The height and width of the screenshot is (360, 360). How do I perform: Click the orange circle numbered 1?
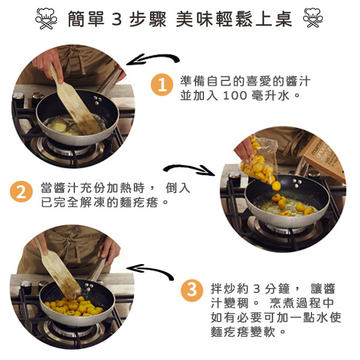(162, 85)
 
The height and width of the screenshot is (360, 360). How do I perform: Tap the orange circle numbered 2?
(21, 191)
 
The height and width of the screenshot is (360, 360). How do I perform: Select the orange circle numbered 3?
(192, 290)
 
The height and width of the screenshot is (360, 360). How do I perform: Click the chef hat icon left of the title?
(46, 19)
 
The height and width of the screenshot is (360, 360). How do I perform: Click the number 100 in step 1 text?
(235, 95)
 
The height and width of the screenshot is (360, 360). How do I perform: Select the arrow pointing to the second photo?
(190, 169)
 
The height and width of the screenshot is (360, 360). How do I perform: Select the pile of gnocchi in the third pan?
(73, 306)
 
